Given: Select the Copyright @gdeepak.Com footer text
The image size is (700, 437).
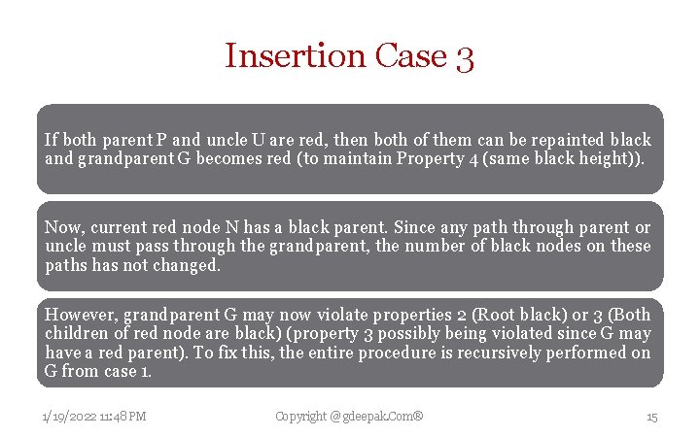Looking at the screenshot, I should click(349, 417).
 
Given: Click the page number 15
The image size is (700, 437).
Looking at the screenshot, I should click(652, 417).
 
